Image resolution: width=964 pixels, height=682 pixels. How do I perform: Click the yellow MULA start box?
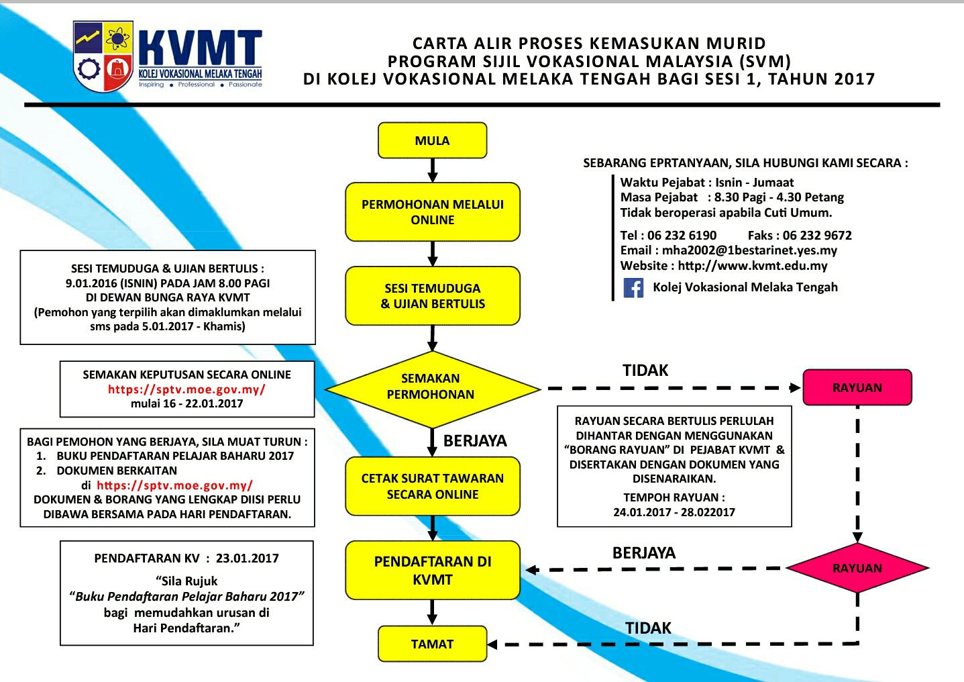(433, 140)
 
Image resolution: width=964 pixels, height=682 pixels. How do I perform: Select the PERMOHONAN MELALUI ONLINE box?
(433, 212)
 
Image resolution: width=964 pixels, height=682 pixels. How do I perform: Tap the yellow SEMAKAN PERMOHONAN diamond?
(432, 389)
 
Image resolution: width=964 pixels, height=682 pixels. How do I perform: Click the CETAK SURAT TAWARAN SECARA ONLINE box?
(433, 486)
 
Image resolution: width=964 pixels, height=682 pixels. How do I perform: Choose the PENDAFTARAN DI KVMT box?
(433, 570)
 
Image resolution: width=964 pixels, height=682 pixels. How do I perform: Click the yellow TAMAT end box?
(433, 644)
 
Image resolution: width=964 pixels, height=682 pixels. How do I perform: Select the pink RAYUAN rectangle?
(857, 387)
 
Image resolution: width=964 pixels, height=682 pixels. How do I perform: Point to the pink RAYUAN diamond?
(857, 568)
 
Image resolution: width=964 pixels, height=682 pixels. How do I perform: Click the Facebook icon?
(633, 287)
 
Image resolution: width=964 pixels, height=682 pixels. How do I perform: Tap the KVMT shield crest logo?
(103, 56)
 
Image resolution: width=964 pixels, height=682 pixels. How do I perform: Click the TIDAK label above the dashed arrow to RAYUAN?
(645, 371)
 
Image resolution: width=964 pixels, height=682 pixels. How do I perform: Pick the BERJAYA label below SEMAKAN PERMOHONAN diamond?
(475, 441)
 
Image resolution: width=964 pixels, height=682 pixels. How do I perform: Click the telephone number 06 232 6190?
(682, 236)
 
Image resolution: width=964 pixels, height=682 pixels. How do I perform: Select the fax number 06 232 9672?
(817, 236)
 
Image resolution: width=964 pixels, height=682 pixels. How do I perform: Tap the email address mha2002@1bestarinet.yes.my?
(749, 250)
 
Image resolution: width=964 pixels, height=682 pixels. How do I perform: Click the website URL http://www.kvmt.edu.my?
(753, 266)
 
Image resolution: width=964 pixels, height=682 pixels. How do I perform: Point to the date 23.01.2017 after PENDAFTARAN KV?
(247, 558)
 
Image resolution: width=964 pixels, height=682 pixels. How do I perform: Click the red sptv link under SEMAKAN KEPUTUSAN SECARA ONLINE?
(186, 389)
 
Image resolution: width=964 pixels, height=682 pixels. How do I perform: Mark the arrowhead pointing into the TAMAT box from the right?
(493, 644)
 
